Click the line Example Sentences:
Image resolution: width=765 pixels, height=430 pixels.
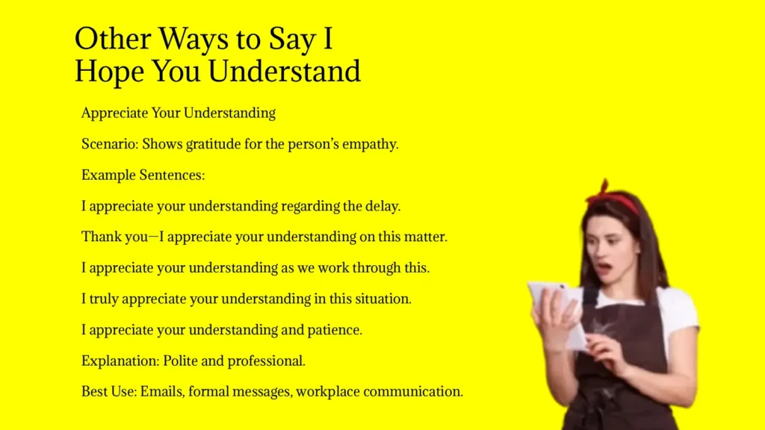(x=143, y=175)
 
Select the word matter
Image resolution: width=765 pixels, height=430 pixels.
(x=424, y=237)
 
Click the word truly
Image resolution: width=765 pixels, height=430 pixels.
(x=103, y=299)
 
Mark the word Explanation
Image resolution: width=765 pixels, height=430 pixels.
(x=117, y=361)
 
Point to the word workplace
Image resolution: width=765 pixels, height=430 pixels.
(x=329, y=392)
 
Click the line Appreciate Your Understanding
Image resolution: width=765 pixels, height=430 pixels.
(x=179, y=113)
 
